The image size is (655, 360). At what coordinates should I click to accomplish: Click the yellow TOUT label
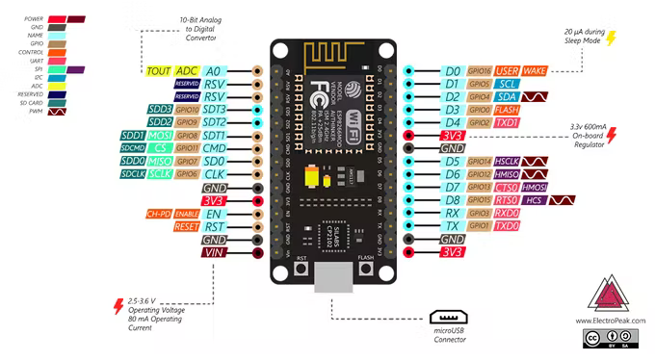(159, 71)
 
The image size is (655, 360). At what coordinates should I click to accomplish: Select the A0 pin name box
(214, 71)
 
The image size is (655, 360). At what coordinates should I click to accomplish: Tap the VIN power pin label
(214, 253)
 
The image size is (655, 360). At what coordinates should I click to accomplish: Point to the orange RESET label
(187, 227)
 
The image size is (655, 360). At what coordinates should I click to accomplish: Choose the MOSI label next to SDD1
(160, 137)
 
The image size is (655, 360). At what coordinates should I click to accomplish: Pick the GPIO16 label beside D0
(480, 71)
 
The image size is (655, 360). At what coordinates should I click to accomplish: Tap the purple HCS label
(534, 200)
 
